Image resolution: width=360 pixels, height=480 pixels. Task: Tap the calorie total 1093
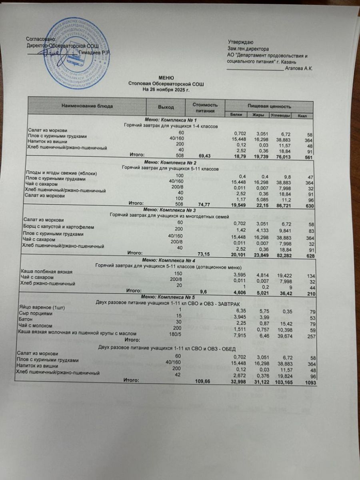pos(310,383)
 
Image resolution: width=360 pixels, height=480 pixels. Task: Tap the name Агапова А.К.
pos(300,68)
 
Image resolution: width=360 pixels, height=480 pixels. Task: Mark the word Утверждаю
pos(240,42)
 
